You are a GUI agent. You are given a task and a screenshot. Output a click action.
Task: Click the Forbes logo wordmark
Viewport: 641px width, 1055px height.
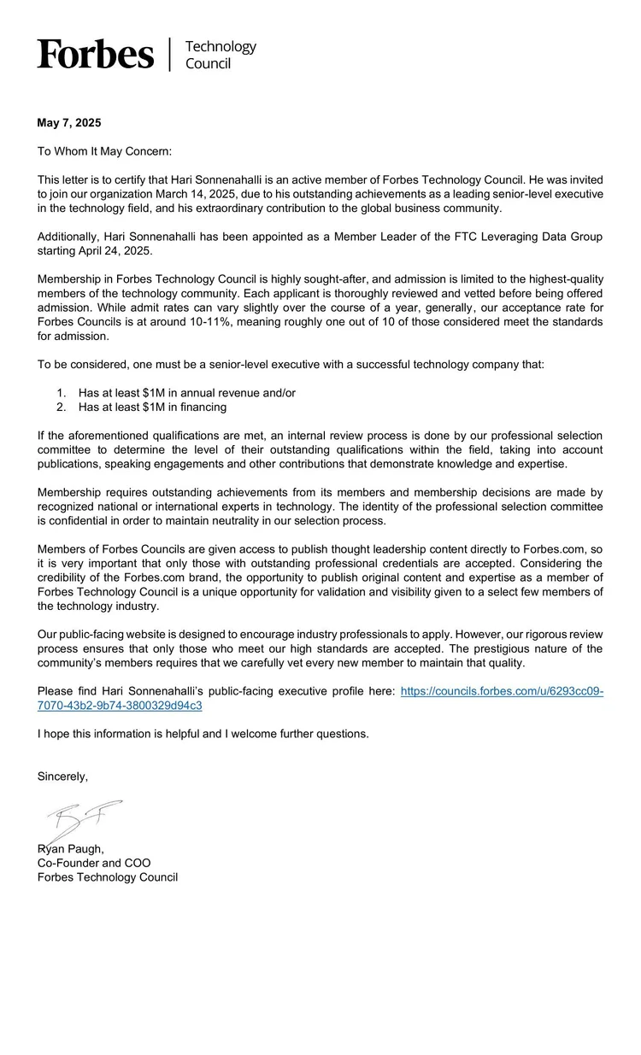pos(96,54)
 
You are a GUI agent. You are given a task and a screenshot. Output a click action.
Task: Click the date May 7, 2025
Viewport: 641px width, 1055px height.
pos(69,123)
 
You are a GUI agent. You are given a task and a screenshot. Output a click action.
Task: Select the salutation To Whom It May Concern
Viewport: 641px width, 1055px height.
pos(104,151)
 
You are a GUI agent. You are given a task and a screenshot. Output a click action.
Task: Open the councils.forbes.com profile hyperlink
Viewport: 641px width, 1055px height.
pos(502,691)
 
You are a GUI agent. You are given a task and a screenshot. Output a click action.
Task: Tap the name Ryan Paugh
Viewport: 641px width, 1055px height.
pos(72,848)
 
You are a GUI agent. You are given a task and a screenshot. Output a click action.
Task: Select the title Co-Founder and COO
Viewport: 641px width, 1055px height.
pos(94,863)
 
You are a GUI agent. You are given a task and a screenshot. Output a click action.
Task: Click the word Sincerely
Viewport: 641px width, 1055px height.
pos(62,777)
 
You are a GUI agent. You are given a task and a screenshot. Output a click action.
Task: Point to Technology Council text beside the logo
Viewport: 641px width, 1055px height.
pos(220,55)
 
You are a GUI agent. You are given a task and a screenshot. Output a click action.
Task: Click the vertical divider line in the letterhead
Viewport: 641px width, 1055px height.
pos(169,54)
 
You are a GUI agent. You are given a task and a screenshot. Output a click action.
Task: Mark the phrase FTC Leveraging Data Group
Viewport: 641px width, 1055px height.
pos(526,236)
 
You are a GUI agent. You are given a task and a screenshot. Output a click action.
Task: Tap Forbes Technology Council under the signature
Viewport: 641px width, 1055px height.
pos(108,877)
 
